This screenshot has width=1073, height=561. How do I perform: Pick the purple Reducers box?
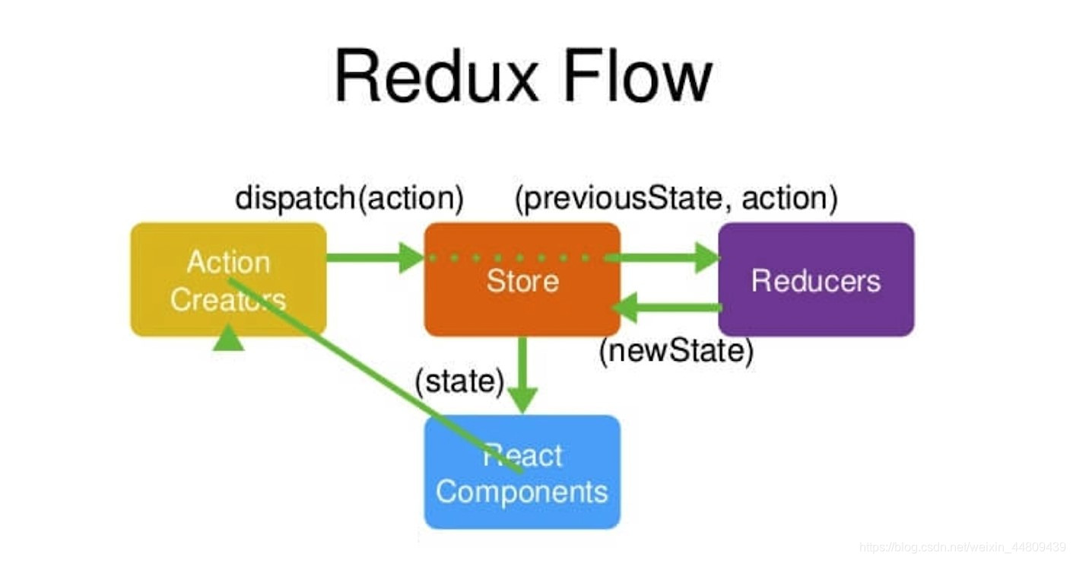816,279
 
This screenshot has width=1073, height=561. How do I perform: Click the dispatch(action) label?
349,198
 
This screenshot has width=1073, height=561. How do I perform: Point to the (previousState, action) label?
676,198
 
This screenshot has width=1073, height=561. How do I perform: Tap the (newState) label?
676,351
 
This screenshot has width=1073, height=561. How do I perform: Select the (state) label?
459,381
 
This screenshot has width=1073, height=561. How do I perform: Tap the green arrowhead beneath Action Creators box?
228,339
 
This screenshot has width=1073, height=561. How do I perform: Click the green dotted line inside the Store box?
517,258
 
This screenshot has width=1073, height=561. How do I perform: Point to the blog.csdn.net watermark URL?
962,547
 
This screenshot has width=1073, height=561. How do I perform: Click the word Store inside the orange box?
522,281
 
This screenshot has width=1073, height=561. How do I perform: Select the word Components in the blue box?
522,492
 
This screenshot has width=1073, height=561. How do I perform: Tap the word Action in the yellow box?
228,262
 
